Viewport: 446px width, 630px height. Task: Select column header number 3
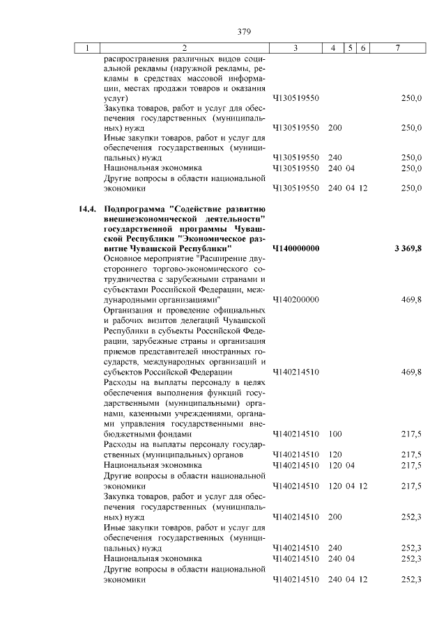296,48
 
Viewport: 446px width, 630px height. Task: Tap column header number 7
397,48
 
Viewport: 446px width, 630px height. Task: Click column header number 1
87,48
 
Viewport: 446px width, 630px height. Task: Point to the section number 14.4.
87,209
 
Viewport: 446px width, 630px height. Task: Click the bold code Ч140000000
295,249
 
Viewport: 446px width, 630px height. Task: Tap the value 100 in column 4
334,434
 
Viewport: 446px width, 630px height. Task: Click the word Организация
130,309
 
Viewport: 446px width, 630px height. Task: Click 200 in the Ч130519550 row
334,128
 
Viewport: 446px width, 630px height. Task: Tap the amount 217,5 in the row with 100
411,434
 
